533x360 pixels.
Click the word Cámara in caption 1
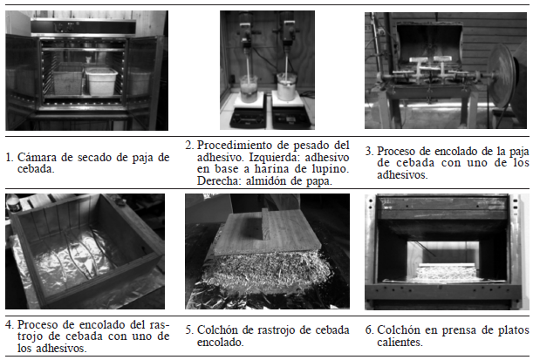click(x=37, y=157)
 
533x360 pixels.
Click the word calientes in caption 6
click(x=399, y=342)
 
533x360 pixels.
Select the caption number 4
click(x=9, y=324)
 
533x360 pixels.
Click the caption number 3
click(x=368, y=151)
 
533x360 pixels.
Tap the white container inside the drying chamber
click(x=101, y=81)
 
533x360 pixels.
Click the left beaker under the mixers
click(x=249, y=88)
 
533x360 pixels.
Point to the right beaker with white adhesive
click(x=287, y=86)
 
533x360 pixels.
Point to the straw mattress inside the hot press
click(x=445, y=274)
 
